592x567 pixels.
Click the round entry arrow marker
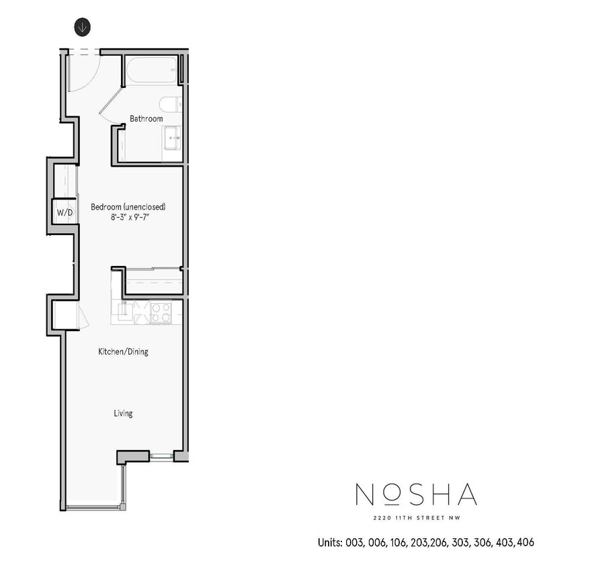coord(82,28)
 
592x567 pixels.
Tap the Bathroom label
coord(146,119)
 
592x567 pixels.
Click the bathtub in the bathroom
coord(152,70)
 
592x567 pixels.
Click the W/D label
coord(65,212)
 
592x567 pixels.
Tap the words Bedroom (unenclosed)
coord(128,206)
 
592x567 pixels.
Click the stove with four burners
coord(161,312)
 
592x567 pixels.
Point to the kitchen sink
coord(124,311)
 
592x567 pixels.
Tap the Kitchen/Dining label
coord(123,351)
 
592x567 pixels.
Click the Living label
coord(123,413)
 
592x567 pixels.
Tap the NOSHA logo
coord(416,495)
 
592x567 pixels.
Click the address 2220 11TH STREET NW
coord(416,517)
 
